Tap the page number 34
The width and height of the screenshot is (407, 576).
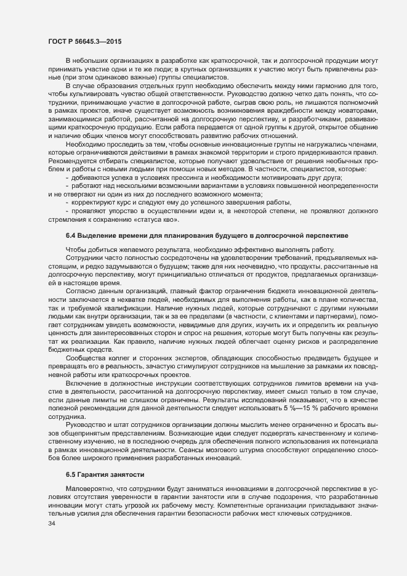pos(43,524)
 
